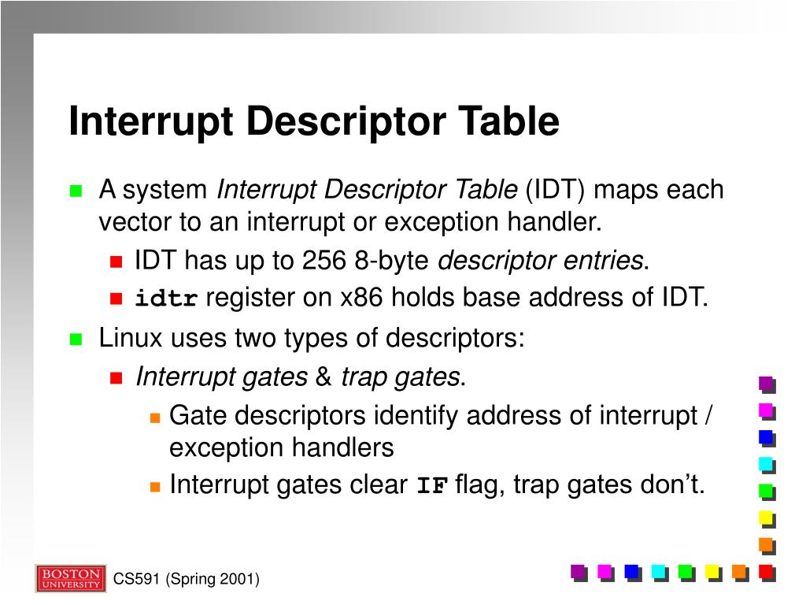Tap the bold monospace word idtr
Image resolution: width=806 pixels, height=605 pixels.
167,299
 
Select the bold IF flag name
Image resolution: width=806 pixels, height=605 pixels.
431,485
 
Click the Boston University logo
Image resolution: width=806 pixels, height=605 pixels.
70,578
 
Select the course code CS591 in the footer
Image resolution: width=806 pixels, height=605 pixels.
136,580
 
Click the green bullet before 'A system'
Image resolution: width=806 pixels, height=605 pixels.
76,191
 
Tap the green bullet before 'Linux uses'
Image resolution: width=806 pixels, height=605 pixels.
76,339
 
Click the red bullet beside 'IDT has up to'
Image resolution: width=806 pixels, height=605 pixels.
116,261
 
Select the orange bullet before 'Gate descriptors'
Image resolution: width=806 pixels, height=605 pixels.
155,416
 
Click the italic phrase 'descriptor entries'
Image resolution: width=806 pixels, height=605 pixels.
540,260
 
